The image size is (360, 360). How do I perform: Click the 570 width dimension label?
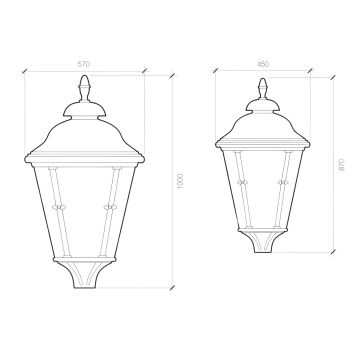point(84,64)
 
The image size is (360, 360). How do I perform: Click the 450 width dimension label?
point(263,64)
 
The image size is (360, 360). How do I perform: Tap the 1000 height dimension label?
point(180,181)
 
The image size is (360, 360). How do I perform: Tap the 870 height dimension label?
point(341,165)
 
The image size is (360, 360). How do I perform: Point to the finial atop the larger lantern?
point(84,88)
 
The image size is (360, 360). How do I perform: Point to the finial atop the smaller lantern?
point(263,89)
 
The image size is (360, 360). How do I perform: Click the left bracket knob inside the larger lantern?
point(60,207)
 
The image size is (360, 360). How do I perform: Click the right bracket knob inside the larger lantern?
point(109,207)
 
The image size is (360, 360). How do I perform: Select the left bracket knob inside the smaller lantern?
point(242,182)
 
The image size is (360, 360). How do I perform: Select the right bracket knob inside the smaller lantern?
point(283,182)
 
